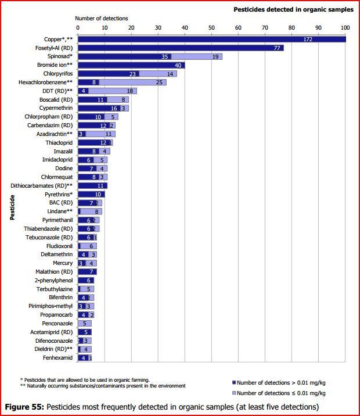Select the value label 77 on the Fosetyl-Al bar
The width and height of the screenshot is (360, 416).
coord(277,48)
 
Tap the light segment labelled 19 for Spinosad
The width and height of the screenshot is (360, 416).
coord(215,56)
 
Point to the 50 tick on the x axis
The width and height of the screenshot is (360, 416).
coord(211,27)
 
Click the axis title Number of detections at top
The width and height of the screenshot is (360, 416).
coord(102,19)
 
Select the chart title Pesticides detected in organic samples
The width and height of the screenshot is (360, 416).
coord(293,9)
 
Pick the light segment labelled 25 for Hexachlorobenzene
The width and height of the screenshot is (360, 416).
coord(143,83)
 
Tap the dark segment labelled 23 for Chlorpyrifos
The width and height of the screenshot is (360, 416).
coord(133,74)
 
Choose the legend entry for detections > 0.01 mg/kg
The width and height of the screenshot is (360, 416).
coord(278,382)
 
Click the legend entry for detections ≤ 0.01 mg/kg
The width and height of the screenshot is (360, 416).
coord(278,393)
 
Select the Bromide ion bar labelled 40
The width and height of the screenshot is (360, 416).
coord(131,65)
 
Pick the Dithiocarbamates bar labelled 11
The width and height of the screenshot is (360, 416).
coord(92,185)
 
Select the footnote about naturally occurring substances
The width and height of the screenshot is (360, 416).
coord(103,386)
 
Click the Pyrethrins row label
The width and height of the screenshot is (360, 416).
coord(57,194)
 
